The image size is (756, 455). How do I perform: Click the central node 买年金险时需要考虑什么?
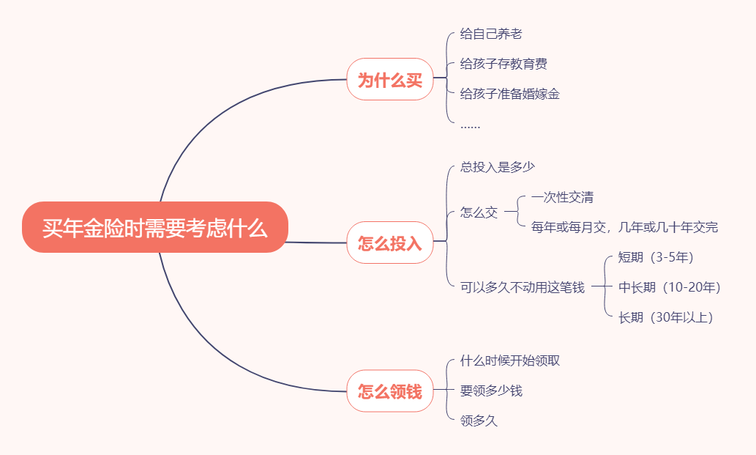[155, 228]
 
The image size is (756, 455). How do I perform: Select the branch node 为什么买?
[390, 80]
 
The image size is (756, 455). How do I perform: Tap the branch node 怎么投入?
[390, 243]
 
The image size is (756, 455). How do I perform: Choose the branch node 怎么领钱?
[390, 391]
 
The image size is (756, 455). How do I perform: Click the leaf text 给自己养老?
[491, 34]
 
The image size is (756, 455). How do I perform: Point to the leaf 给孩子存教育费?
[504, 64]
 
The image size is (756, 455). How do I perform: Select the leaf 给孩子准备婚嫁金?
[510, 94]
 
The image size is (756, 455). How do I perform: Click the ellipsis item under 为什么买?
[471, 125]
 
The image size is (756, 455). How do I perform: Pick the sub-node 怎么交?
[479, 212]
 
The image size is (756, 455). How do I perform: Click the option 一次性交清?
[562, 197]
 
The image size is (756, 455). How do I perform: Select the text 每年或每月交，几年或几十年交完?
[624, 227]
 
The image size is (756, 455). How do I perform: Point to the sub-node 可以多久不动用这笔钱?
[523, 287]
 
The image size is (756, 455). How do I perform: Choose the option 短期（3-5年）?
[656, 257]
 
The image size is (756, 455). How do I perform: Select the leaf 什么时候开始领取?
[510, 360]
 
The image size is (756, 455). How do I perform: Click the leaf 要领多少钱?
[491, 391]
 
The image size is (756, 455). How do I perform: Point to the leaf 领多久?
[479, 421]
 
